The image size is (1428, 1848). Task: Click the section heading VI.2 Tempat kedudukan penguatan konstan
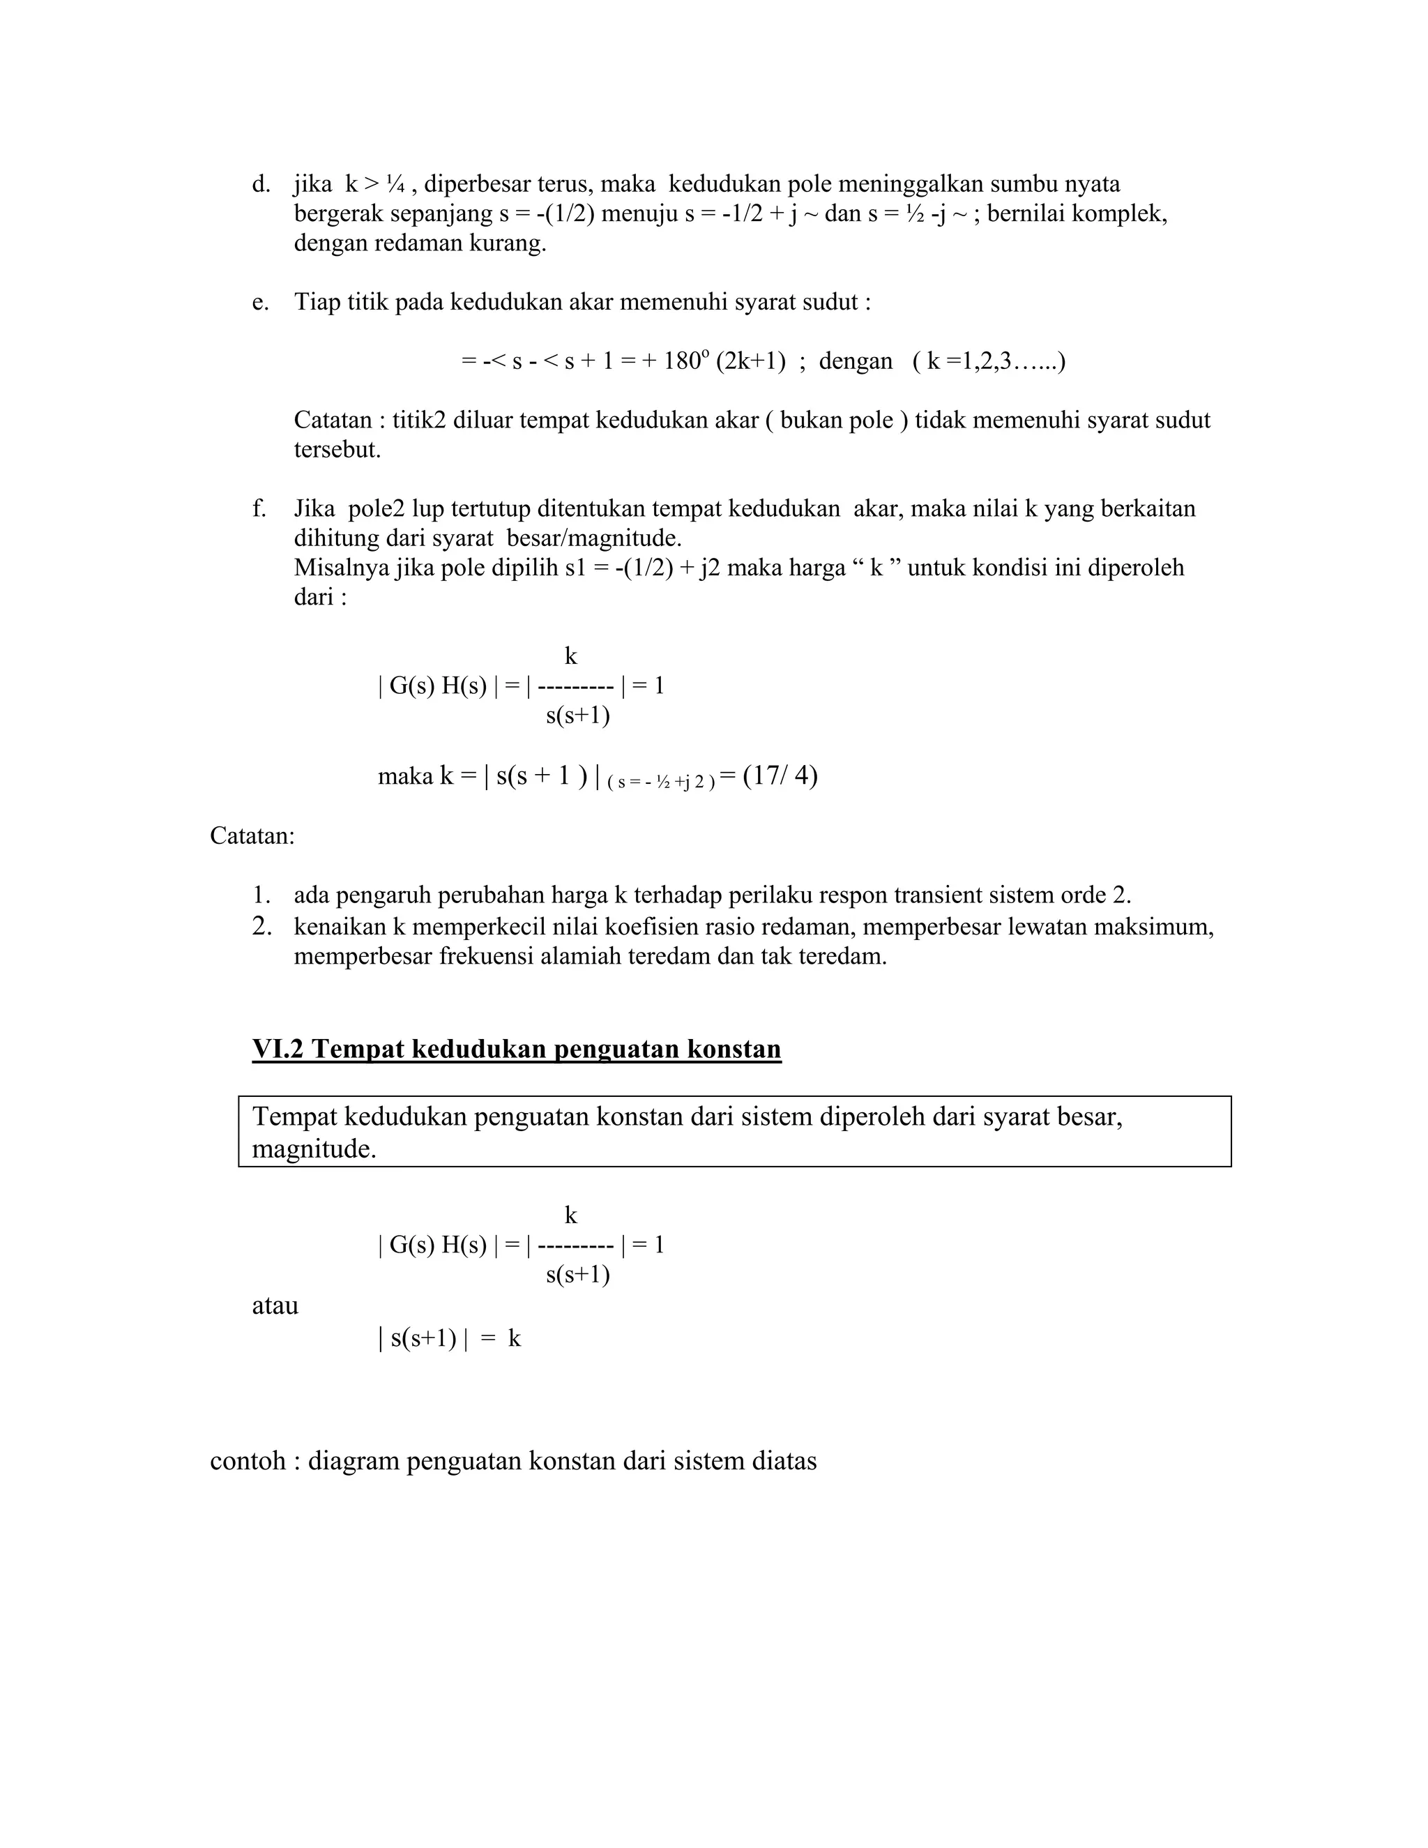point(516,1050)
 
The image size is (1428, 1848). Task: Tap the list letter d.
point(261,183)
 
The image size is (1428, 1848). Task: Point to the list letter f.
point(259,508)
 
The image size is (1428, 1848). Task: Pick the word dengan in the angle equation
point(856,361)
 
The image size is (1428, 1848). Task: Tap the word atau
point(275,1305)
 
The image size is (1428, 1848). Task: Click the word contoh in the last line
point(247,1461)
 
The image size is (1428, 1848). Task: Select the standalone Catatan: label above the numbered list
point(252,836)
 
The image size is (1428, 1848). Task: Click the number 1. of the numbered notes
point(261,895)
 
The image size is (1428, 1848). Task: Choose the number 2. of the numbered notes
point(261,927)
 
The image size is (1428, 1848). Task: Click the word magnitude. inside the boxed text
point(314,1149)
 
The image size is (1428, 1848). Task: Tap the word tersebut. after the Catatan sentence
point(337,449)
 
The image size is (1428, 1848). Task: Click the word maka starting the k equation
point(404,776)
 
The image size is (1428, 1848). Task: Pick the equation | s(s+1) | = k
point(449,1339)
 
